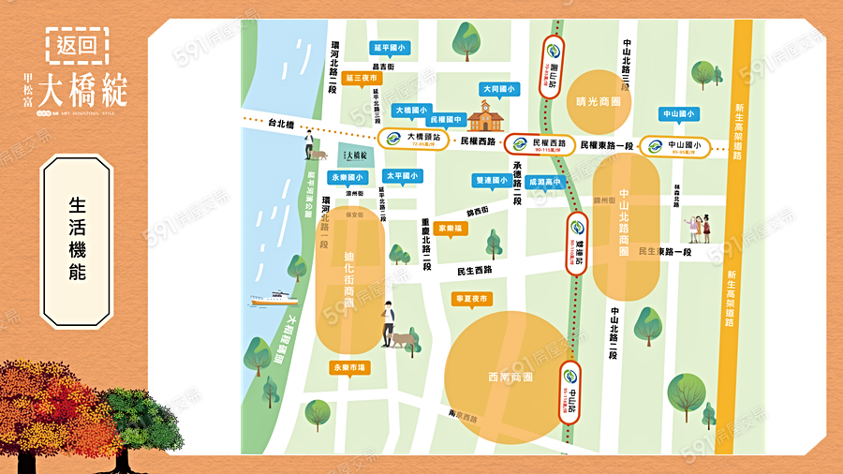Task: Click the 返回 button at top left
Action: (x=78, y=44)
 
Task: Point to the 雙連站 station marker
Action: (x=577, y=241)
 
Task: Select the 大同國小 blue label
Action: (x=498, y=89)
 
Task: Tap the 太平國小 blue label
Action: (x=403, y=175)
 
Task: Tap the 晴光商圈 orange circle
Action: (x=599, y=103)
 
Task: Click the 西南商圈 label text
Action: (x=510, y=377)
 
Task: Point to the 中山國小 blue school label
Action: (x=680, y=114)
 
